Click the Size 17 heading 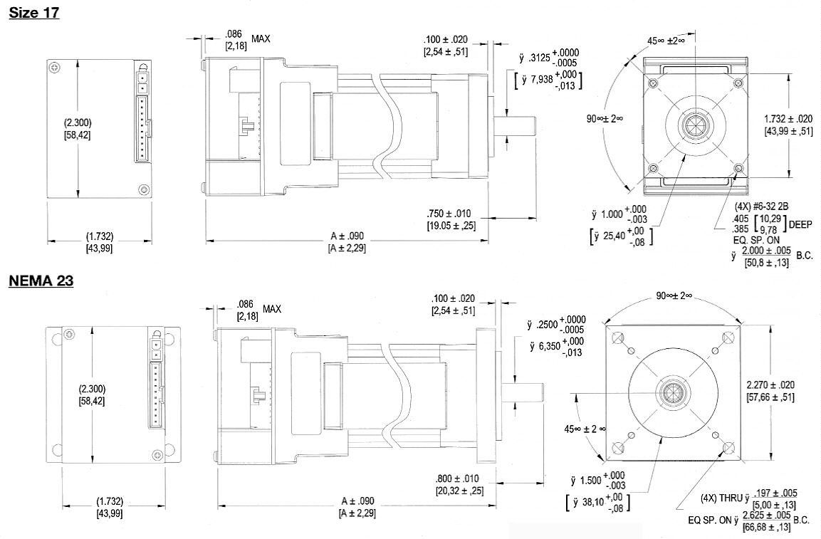[x=34, y=13]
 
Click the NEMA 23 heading [x=41, y=281]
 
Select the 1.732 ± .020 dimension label [x=788, y=119]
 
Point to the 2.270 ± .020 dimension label [x=770, y=384]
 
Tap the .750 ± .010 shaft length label [x=448, y=214]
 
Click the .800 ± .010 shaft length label [x=456, y=478]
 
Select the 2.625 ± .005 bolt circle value [x=767, y=515]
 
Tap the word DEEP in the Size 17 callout [x=800, y=224]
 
